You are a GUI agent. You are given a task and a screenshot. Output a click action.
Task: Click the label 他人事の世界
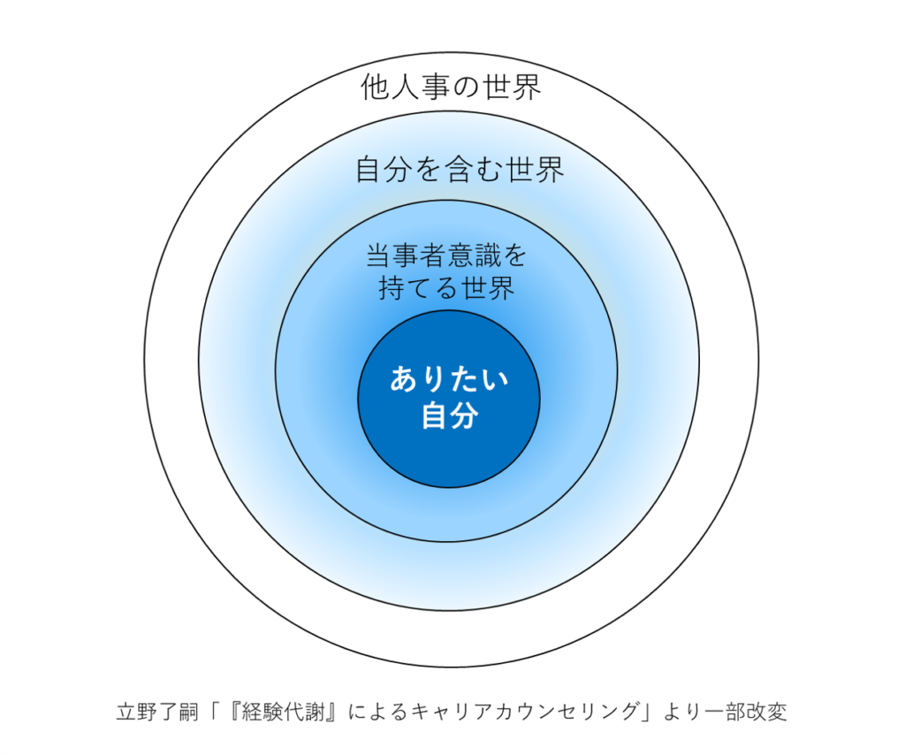(452, 88)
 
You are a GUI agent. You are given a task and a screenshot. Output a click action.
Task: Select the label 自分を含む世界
(460, 169)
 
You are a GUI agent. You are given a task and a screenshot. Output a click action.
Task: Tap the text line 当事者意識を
(446, 256)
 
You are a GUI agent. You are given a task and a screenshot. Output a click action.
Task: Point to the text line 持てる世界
(446, 288)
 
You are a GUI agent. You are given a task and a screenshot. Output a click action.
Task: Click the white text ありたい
(450, 382)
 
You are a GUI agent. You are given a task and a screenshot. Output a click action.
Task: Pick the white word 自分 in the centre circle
(450, 416)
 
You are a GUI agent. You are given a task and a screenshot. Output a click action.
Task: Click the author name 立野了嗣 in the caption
(152, 712)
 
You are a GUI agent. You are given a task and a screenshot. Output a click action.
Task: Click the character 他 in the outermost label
(376, 88)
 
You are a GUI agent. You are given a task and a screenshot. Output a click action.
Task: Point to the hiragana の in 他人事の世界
(467, 88)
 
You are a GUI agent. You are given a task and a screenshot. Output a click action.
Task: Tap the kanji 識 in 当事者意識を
(483, 256)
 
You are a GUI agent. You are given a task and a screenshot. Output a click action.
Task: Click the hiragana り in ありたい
(430, 382)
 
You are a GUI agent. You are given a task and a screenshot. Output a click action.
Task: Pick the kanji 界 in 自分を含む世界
(548, 169)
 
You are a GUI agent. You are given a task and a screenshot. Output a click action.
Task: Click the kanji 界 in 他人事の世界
(527, 88)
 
